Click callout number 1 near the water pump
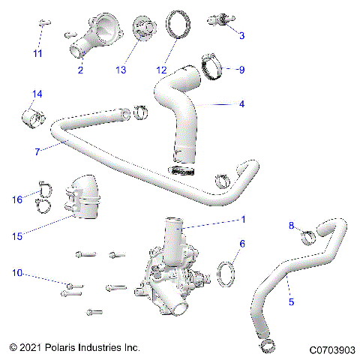pyautogui.click(x=241, y=221)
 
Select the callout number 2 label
pyautogui.click(x=80, y=71)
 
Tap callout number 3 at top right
pyautogui.click(x=241, y=35)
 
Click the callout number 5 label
pyautogui.click(x=291, y=301)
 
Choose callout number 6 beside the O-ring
pyautogui.click(x=241, y=244)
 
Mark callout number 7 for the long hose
pyautogui.click(x=36, y=151)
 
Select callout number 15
pyautogui.click(x=16, y=235)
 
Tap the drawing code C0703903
pyautogui.click(x=330, y=349)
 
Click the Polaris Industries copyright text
pyautogui.click(x=75, y=349)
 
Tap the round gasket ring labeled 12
pyautogui.click(x=177, y=24)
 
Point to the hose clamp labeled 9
pyautogui.click(x=214, y=66)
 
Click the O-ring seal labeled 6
pyautogui.click(x=226, y=271)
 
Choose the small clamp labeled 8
pyautogui.click(x=307, y=239)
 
